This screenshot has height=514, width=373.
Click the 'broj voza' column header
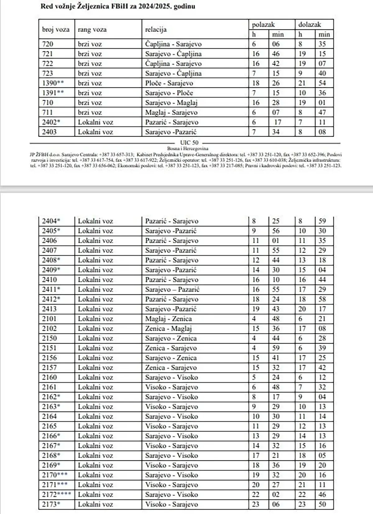point(56,30)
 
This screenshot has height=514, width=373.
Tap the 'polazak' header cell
point(263,25)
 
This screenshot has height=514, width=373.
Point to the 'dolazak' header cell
point(310,25)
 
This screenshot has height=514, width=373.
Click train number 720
point(48,44)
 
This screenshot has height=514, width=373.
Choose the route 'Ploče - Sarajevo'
point(169,83)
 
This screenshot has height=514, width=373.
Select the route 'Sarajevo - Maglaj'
point(171,103)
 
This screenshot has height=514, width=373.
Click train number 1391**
point(53,93)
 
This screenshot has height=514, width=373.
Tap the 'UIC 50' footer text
point(189,143)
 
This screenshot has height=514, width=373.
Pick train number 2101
point(49,319)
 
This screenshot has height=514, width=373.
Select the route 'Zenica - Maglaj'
point(168,328)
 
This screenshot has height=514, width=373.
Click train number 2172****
point(57,494)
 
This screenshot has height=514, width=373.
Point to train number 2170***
point(55,475)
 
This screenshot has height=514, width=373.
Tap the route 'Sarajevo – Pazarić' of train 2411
point(172,289)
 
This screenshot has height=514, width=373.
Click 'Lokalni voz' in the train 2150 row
point(95,338)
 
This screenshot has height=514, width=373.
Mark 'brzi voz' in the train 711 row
point(90,112)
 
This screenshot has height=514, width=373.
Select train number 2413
point(49,309)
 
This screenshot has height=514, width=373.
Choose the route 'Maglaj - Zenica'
point(168,319)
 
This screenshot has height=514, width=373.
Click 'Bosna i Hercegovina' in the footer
point(188,149)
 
